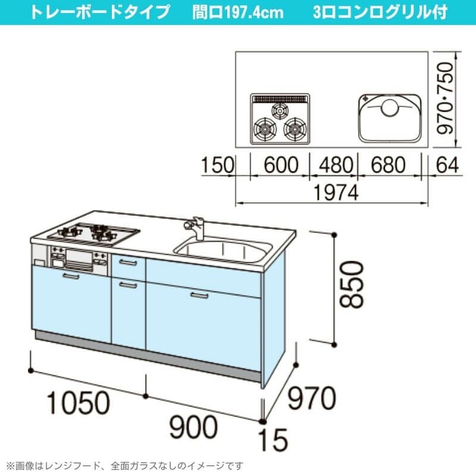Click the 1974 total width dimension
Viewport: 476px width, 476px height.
point(336,192)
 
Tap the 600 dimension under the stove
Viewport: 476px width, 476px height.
point(281,165)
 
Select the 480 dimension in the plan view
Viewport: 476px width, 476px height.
point(336,165)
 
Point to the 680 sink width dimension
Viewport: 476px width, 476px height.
point(389,165)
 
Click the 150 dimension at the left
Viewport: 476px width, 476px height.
point(218,165)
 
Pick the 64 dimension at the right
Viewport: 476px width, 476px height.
point(447,165)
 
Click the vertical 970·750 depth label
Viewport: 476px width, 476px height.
point(445,98)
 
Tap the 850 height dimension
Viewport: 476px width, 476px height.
point(351,285)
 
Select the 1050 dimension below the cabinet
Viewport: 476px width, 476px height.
point(79,403)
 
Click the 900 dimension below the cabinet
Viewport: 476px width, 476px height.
point(193,427)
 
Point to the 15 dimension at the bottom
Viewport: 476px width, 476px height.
point(273,440)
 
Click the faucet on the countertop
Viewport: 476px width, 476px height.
point(195,228)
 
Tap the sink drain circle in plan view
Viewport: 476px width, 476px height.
point(389,108)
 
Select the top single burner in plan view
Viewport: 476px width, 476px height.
point(279,111)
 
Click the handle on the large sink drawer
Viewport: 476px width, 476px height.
point(199,295)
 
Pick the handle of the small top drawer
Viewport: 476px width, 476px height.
point(128,262)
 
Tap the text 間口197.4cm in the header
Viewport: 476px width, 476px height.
point(237,12)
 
